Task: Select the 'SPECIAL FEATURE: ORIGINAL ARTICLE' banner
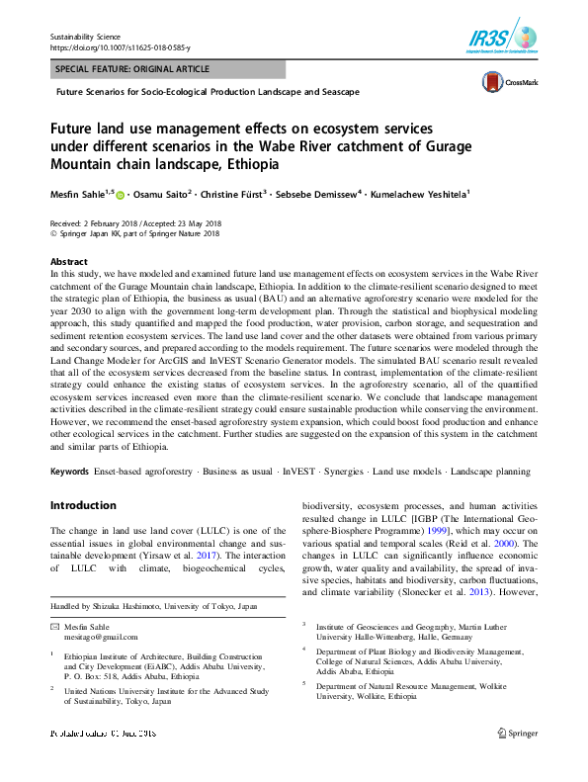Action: (x=133, y=69)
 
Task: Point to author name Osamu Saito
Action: (x=163, y=194)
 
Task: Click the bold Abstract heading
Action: (x=67, y=261)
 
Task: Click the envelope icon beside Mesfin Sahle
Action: (x=54, y=628)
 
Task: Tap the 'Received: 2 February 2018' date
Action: (x=95, y=224)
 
